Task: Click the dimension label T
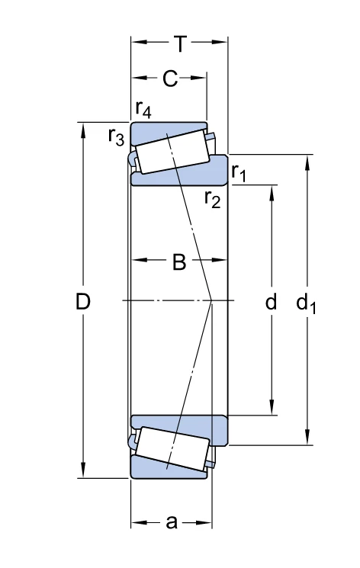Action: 180,43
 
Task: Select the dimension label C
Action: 170,79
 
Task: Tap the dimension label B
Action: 179,262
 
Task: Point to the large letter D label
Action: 82,301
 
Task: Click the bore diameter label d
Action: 271,301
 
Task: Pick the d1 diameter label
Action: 306,303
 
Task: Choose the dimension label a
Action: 172,522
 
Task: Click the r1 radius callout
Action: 239,172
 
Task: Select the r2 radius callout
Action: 212,199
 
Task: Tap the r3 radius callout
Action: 116,137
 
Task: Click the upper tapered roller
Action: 172,152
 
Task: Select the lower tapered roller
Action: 172,448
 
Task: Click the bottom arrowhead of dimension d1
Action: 307,437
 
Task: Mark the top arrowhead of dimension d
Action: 272,193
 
